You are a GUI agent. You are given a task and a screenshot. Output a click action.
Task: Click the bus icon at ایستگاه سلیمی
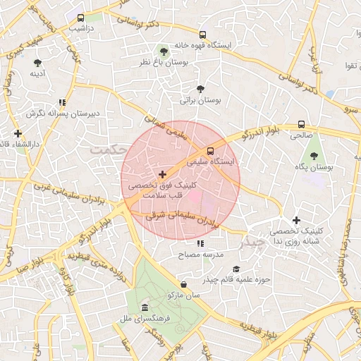pos(209,151)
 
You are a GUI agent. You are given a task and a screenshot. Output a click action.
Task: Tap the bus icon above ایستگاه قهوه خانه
pos(203,34)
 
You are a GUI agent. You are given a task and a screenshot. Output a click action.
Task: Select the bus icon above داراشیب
pos(81,18)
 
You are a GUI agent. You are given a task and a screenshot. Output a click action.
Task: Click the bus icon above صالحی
pos(302,121)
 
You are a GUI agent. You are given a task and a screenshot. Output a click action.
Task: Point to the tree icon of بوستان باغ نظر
pos(164,51)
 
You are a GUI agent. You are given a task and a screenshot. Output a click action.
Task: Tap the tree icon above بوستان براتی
pos(201,89)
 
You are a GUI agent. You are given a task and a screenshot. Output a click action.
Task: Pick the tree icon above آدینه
pos(37,61)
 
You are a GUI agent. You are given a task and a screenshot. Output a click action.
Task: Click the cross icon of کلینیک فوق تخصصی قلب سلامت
pos(163,173)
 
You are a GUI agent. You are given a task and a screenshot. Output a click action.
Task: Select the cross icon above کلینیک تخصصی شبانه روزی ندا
pos(296,220)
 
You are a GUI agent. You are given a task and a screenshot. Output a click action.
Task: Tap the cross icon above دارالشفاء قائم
pos(18,133)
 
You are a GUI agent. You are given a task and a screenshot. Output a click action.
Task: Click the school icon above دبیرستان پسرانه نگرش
pos(63,102)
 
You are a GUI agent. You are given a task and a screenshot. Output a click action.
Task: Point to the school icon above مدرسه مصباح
pos(200,243)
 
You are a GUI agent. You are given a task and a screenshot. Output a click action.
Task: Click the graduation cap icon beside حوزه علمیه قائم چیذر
pos(236,269)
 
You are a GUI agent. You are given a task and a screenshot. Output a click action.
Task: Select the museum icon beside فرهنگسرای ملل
pos(145,308)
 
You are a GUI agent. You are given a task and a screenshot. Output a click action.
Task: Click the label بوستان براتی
pos(201,100)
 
